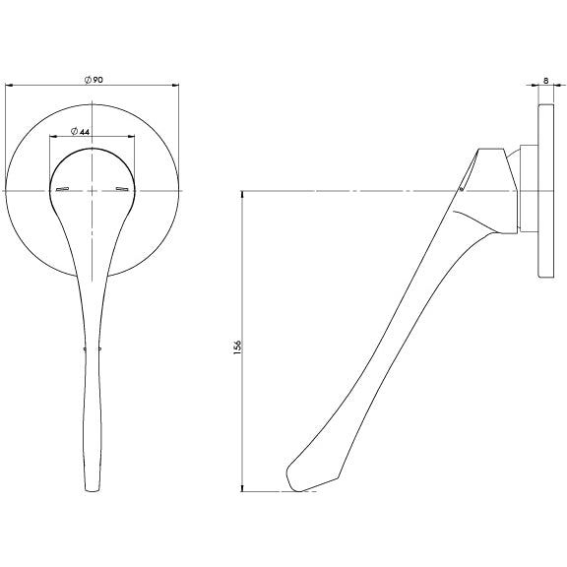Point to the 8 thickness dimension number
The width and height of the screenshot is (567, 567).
point(545,84)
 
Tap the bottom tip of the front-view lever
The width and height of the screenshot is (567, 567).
point(93,489)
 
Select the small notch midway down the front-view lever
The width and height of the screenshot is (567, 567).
point(87,347)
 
